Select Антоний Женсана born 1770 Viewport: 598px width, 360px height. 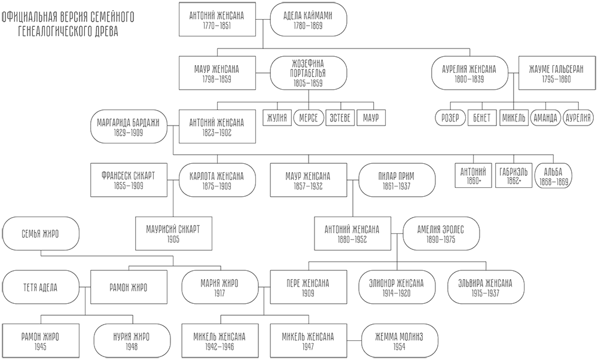point(216,20)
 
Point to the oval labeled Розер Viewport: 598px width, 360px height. point(448,117)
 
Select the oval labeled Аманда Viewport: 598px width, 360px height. point(545,117)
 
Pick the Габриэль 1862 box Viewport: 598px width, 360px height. point(514,176)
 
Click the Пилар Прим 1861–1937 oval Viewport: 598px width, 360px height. point(395,181)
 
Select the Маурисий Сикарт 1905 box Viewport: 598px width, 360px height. point(173,234)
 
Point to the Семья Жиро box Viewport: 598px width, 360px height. point(41,234)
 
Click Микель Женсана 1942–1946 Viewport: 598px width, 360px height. point(218,341)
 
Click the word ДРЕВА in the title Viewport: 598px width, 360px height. point(103,32)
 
